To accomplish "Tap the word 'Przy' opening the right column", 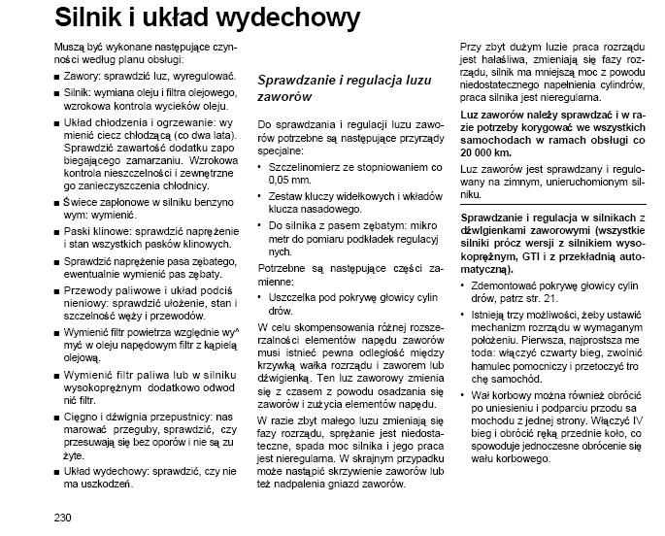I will [470, 48].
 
